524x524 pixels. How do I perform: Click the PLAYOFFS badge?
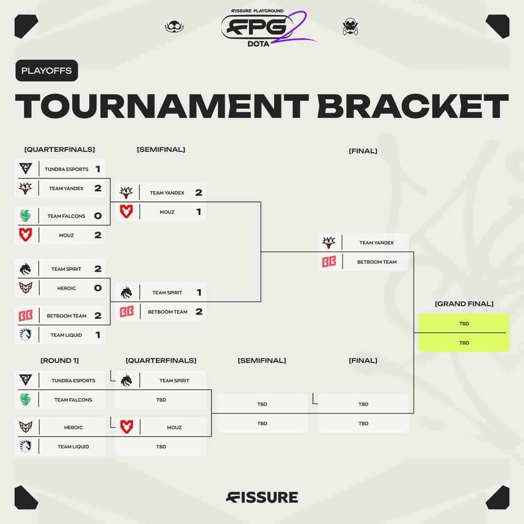click(x=47, y=70)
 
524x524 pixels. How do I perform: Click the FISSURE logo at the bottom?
click(x=262, y=497)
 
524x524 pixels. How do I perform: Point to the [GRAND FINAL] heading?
click(x=464, y=304)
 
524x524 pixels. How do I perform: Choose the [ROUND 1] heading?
click(x=59, y=360)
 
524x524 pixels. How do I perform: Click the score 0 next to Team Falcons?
click(x=98, y=216)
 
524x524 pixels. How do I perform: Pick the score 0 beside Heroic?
click(x=98, y=288)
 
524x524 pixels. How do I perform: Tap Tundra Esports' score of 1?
click(x=98, y=169)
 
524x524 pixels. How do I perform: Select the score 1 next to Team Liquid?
click(x=98, y=335)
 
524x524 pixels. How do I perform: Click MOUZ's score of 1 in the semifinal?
click(x=198, y=212)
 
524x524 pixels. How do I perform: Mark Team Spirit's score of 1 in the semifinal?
click(x=198, y=293)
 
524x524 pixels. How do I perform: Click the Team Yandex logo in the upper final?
click(x=329, y=242)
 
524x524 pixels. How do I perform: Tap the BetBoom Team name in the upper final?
click(x=377, y=262)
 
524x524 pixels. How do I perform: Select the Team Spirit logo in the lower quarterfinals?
click(x=127, y=381)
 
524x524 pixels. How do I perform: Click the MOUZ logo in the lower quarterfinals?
click(x=127, y=427)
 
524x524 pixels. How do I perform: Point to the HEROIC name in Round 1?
click(x=74, y=427)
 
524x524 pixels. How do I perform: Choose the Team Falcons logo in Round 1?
click(x=26, y=400)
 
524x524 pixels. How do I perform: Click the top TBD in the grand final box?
click(x=464, y=324)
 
